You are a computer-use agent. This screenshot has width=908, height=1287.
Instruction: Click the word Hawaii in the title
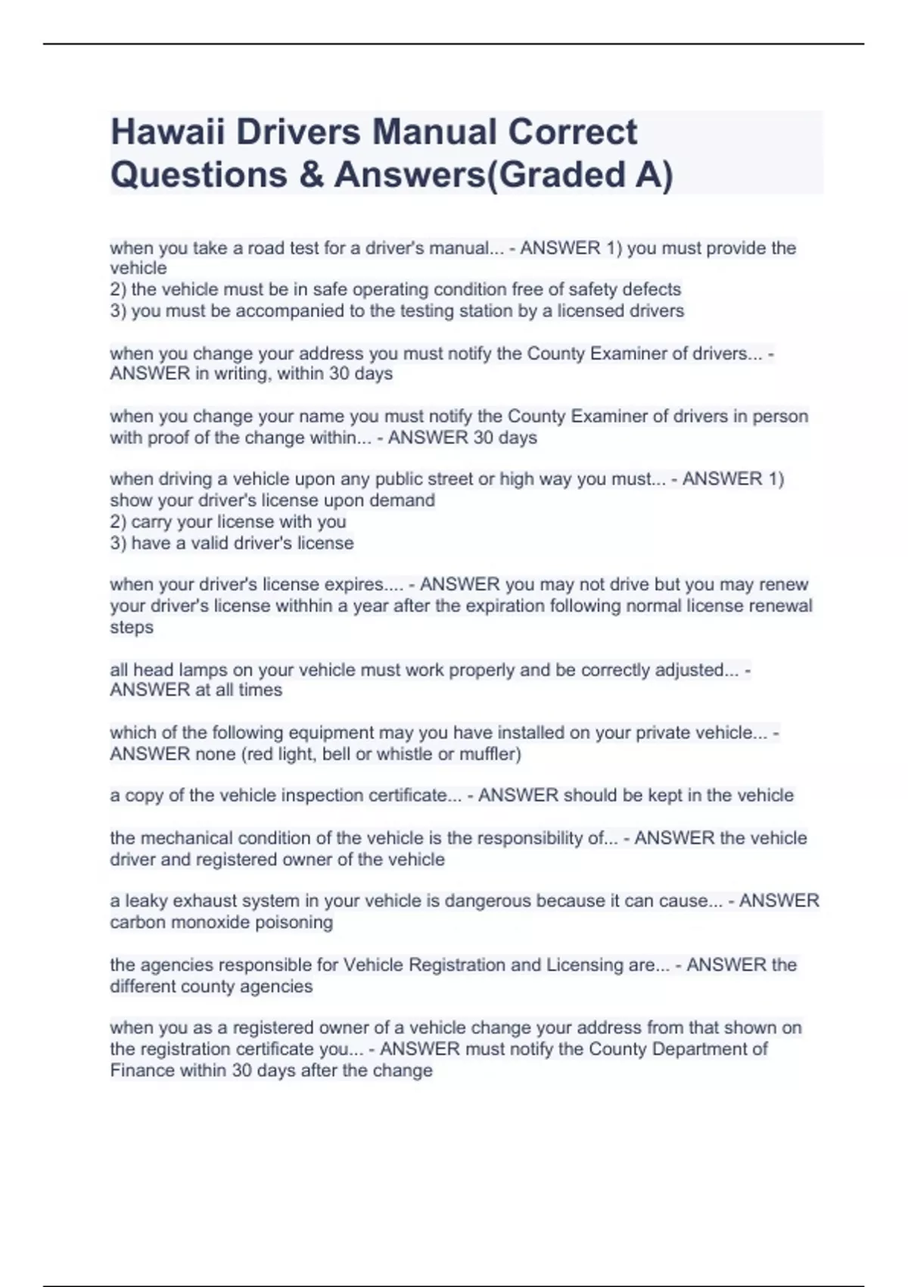point(168,132)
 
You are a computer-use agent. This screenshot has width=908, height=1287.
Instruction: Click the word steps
point(132,628)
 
